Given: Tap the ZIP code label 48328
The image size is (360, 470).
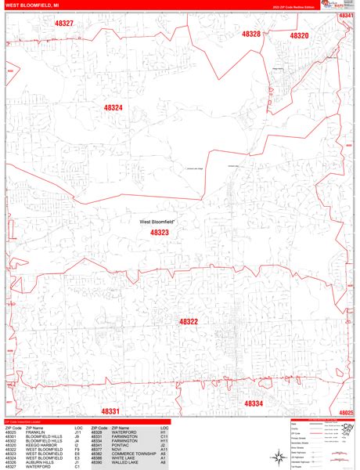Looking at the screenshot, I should (251, 34).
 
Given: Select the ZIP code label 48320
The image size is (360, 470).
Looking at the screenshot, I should (299, 36).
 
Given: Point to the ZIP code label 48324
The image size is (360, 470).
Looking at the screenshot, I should (113, 107).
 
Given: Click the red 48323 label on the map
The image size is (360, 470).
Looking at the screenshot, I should (159, 233).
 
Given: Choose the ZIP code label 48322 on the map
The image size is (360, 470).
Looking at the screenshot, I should (188, 322).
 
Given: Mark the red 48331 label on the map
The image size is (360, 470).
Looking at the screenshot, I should (110, 411).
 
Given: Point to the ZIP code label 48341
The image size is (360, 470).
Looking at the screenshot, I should (346, 16).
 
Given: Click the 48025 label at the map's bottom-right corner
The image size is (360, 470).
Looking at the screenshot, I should (346, 412).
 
